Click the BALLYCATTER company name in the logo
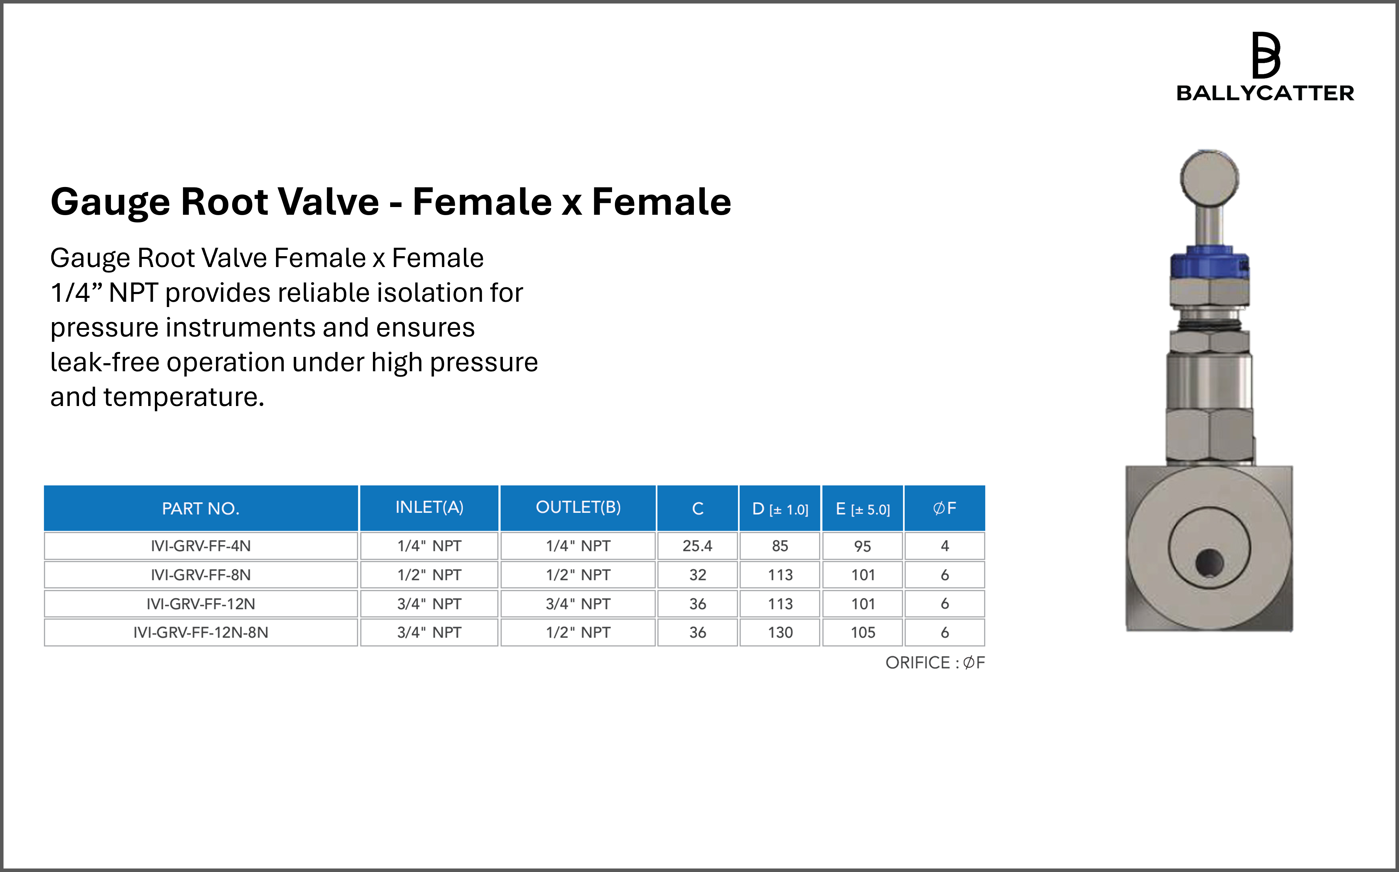tap(1265, 93)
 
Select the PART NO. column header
tap(200, 508)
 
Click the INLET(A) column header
tap(429, 507)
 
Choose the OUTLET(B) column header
tap(578, 507)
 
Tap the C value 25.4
tap(697, 546)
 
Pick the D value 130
tap(780, 632)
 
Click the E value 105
tap(863, 632)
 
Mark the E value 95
tap(863, 546)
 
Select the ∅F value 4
tap(945, 546)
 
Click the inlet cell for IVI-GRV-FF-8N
tap(429, 574)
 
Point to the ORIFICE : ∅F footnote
tap(935, 663)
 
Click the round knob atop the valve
tap(1209, 178)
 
